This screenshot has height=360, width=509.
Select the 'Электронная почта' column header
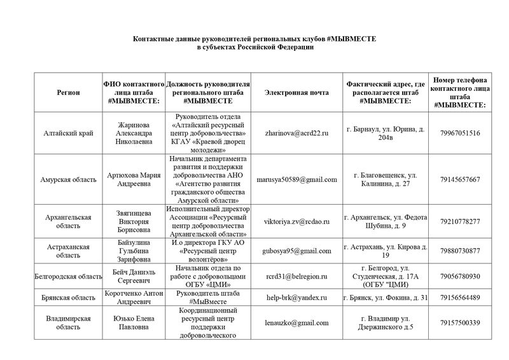(296, 93)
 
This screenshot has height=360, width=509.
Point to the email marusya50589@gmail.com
(296, 179)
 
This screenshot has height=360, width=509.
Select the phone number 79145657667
(459, 179)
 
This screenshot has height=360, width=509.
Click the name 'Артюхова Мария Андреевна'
(132, 179)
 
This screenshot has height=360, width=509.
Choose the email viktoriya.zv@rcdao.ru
(296, 221)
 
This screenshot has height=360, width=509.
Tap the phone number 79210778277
(459, 221)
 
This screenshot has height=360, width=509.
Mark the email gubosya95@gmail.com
(296, 250)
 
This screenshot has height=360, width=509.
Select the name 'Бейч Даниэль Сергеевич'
(132, 276)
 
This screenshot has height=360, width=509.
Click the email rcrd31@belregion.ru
(296, 276)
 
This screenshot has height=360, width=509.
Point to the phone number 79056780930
(459, 276)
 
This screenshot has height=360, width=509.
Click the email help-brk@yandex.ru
(296, 297)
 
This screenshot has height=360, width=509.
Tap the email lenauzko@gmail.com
(296, 322)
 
